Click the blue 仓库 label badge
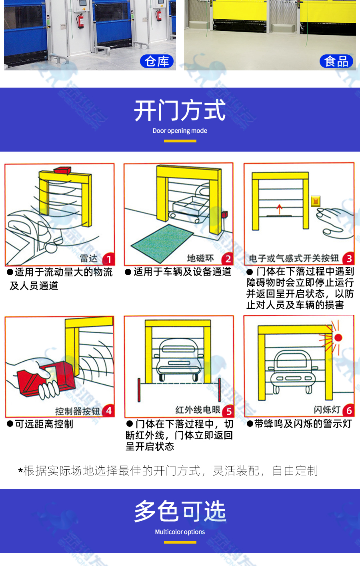coord(157,61)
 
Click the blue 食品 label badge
coord(336,61)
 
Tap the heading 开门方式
coord(180,111)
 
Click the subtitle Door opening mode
coord(180,131)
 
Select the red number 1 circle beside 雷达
coord(109,259)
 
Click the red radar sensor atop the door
coord(62,171)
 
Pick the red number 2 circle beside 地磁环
coord(228,259)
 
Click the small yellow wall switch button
coord(316,201)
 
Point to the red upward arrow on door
coord(279,209)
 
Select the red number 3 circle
coord(349,259)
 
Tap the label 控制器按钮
coord(78,411)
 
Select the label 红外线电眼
coord(198,410)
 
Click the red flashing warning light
coord(338,338)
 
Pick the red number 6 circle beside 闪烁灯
coord(349,410)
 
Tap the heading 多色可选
coord(180,512)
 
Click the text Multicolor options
coord(180,532)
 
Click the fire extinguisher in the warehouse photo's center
coord(81,21)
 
